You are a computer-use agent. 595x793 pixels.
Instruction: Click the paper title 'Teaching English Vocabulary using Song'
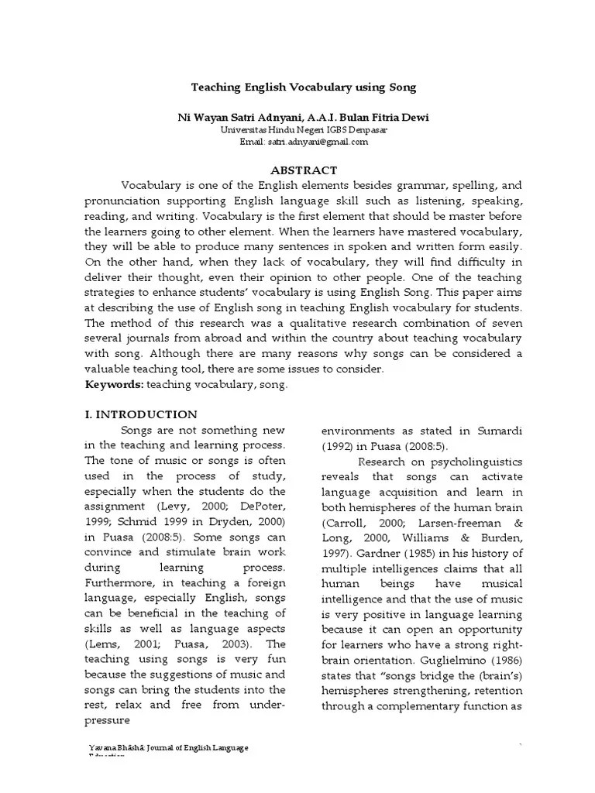pos(304,88)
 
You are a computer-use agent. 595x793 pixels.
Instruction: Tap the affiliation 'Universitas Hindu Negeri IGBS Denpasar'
pos(303,130)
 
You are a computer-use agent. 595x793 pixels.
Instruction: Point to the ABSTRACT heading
pos(303,170)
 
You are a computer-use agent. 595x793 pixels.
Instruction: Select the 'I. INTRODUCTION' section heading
pos(140,414)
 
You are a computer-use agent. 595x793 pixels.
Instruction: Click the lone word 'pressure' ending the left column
pos(108,719)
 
